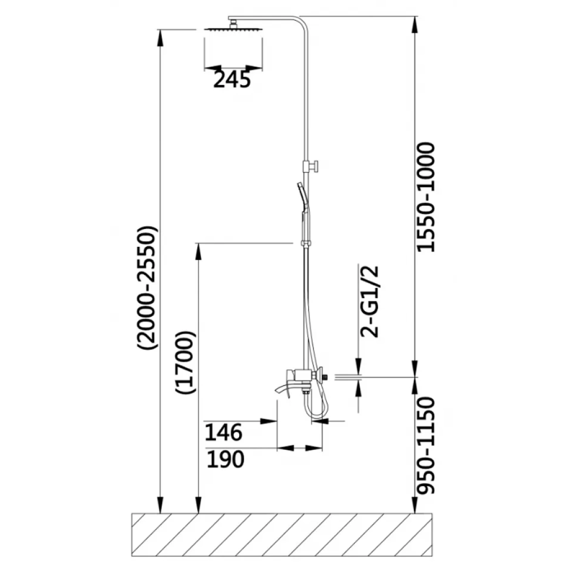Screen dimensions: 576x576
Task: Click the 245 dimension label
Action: tap(232, 80)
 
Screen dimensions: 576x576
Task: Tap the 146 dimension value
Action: tap(223, 433)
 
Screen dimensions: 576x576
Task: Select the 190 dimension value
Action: tap(225, 459)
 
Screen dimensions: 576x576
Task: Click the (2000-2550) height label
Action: tap(147, 287)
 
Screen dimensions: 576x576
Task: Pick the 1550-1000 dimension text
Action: tap(426, 197)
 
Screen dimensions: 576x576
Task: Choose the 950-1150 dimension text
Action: tap(426, 445)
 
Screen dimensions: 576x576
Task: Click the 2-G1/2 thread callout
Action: tap(369, 301)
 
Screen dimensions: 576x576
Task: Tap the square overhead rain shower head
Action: tap(233, 29)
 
